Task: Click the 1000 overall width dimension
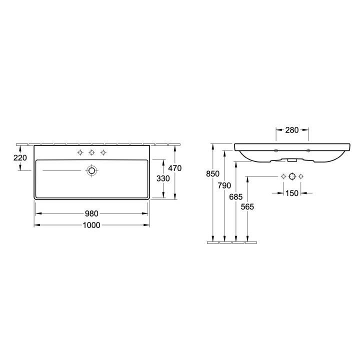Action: pos(91,225)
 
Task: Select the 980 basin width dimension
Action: pos(91,214)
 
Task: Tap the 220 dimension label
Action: pos(20,157)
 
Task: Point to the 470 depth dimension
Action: pos(175,168)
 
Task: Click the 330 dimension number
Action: pos(163,178)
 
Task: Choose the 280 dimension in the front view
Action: pos(292,130)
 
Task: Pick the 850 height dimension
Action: pos(213,174)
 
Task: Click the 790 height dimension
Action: pos(224,185)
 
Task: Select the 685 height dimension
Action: pos(236,197)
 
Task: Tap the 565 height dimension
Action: pos(247,207)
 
